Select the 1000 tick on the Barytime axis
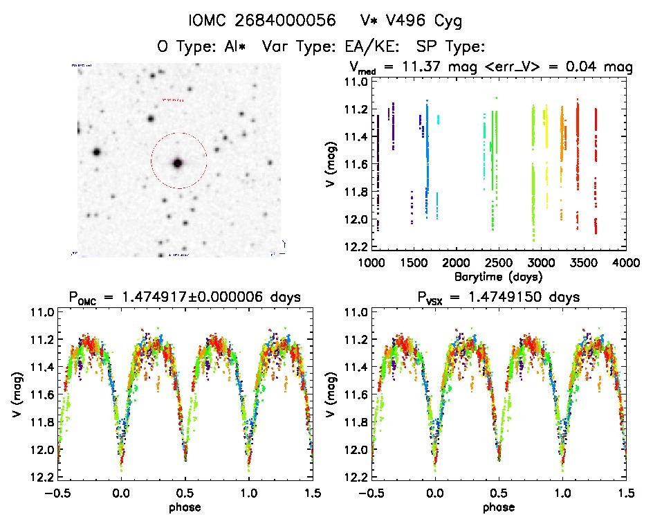pyautogui.click(x=371, y=264)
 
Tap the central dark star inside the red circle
pyautogui.click(x=178, y=163)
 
